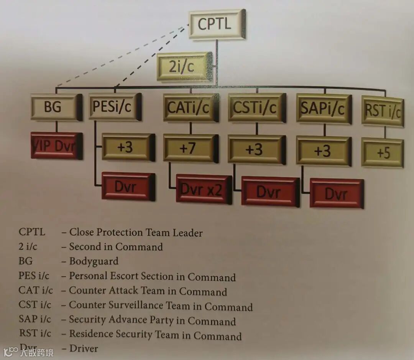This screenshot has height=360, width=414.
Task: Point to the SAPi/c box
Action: click(x=324, y=109)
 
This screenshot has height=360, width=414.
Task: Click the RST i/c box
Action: click(x=382, y=111)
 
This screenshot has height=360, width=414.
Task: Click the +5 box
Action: click(x=382, y=153)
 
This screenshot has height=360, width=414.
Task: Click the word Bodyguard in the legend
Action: click(x=94, y=261)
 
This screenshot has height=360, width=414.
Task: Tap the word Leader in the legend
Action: click(x=187, y=233)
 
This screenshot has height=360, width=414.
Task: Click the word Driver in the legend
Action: click(x=84, y=348)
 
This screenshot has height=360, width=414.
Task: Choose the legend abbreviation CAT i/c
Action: click(x=34, y=291)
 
